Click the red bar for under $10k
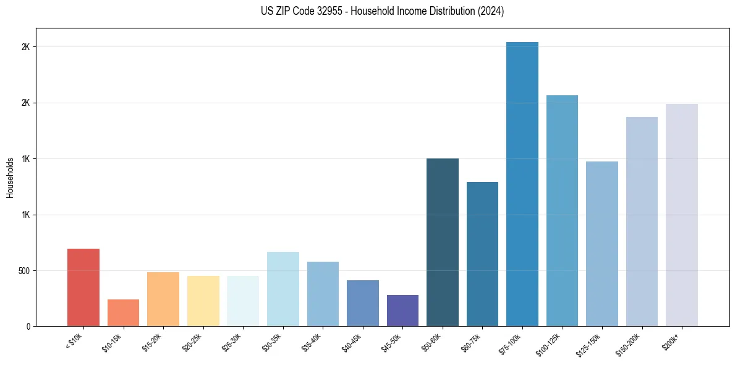(83, 287)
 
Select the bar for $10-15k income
(123, 312)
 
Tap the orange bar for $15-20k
(163, 299)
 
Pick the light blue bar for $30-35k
(283, 289)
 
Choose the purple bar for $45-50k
(402, 311)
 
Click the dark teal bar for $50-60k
(442, 242)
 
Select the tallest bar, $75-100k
(522, 184)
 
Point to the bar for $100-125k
(562, 210)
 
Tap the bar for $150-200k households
(642, 221)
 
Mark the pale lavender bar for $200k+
(681, 215)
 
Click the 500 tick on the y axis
(24, 270)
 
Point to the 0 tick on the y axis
(28, 326)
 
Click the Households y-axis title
(10, 178)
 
